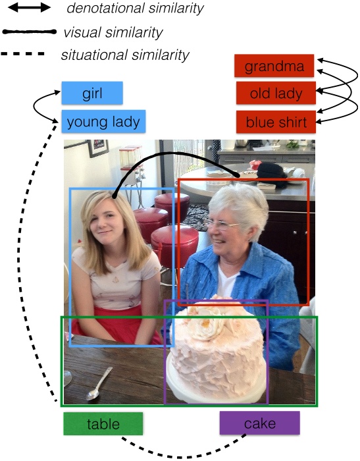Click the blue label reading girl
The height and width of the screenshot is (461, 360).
point(92,93)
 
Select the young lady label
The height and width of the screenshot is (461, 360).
point(103,121)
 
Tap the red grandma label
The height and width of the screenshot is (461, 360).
point(274,66)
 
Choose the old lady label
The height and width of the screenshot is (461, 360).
point(276,94)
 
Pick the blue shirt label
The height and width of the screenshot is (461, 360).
point(276,122)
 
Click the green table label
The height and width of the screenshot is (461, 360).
point(103,423)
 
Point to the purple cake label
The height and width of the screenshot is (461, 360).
point(260,423)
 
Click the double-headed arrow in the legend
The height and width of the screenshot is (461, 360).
point(29,8)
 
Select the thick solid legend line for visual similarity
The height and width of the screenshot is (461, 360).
point(29,32)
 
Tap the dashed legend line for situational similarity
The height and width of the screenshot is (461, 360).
point(23,54)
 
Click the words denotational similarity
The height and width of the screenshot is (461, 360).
point(135,8)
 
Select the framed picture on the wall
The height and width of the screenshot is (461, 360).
point(99,148)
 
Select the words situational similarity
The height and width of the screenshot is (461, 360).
point(125,55)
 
